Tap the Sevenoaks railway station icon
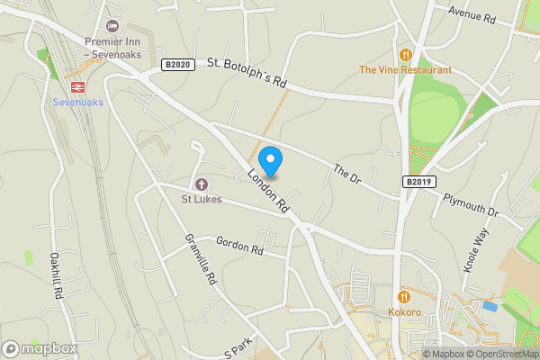pyautogui.click(x=78, y=86)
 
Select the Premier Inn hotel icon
pyautogui.click(x=112, y=26)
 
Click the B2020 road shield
pyautogui.click(x=178, y=65)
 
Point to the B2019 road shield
pyautogui.click(x=418, y=182)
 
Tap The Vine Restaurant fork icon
pyautogui.click(x=405, y=54)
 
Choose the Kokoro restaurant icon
pyautogui.click(x=405, y=296)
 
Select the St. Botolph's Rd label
pyautogui.click(x=247, y=73)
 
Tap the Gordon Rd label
pyautogui.click(x=238, y=244)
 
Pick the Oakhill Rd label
pyautogui.click(x=56, y=275)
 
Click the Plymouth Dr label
pyautogui.click(x=469, y=204)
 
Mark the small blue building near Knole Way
pyautogui.click(x=489, y=306)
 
